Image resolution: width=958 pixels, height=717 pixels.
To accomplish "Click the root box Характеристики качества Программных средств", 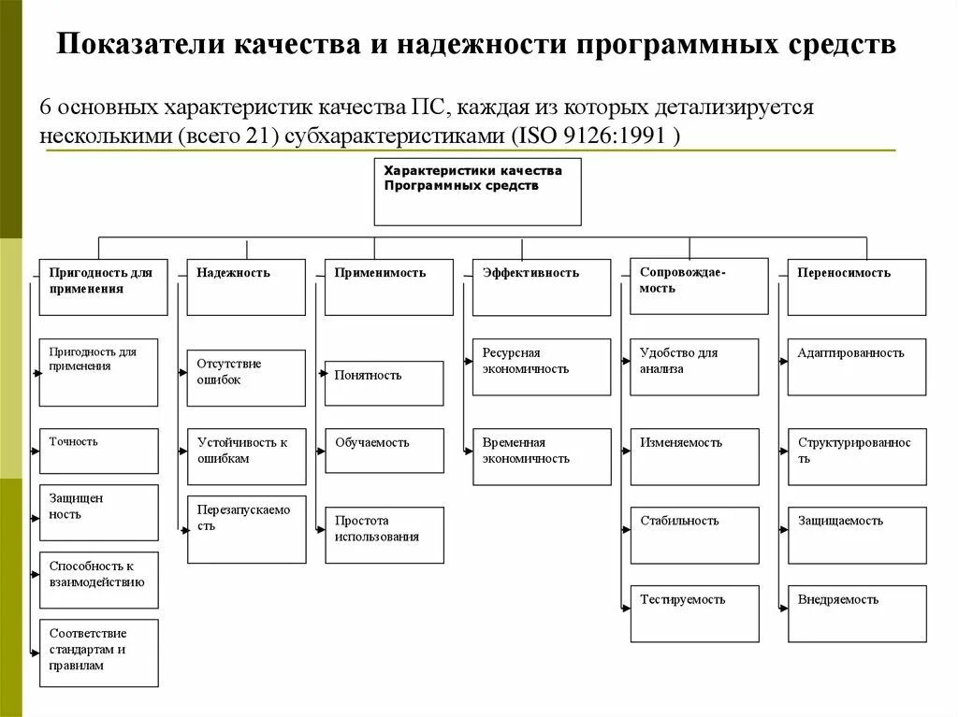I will point(477,192).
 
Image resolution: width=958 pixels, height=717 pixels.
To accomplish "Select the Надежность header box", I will point(246,287).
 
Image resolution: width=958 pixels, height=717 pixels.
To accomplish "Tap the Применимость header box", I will point(384,287).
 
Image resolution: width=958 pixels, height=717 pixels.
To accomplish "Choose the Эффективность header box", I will point(542,287).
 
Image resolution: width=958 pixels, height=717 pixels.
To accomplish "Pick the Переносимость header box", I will point(857,287).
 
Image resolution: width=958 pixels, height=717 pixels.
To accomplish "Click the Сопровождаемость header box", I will point(699,286).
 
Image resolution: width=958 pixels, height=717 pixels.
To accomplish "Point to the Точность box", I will point(98,451).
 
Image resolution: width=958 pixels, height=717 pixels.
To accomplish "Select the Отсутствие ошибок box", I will point(246,378).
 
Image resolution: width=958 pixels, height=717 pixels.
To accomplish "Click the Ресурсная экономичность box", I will point(542,366).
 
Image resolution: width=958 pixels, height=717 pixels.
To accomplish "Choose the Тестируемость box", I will point(694,613).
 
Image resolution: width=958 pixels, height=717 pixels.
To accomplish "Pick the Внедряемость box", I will point(857,613).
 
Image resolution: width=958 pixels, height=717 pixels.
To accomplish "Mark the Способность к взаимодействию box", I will point(98,580).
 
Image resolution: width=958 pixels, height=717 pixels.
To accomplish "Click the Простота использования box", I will point(384,535).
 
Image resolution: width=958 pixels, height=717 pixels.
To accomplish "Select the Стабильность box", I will point(694,535).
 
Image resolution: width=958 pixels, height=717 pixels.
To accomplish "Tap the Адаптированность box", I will point(857,366).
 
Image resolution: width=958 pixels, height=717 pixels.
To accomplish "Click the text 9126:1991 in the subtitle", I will point(617,135).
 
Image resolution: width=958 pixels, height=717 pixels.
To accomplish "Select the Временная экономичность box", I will point(542,456).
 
